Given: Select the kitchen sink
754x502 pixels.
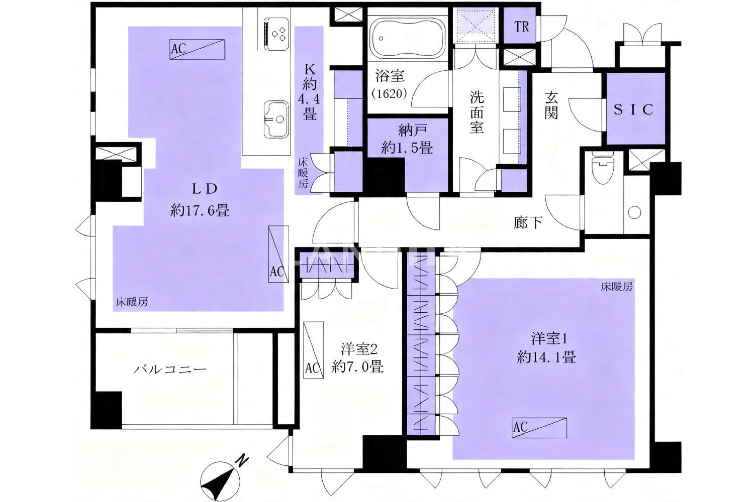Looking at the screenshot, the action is point(276,119).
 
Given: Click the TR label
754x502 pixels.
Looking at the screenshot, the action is point(521,27).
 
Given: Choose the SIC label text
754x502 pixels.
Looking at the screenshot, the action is point(634,109).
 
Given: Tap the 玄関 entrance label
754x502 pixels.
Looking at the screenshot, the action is point(551,106).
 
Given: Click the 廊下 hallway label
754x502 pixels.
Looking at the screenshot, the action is point(528,222).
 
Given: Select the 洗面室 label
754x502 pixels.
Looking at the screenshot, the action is point(477,112).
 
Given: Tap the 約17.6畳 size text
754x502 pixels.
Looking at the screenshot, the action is point(200,211).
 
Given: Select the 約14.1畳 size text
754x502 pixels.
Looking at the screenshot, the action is point(546,357).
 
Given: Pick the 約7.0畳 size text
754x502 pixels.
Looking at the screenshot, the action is point(358,366).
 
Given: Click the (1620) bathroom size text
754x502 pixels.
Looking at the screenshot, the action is point(390,93).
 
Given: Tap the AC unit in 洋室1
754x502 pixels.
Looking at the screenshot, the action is point(539,428).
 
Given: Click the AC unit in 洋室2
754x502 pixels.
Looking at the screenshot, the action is point(313,350).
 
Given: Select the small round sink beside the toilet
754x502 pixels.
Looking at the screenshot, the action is point(634,212).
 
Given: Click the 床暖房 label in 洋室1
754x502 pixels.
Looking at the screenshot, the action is point(617,287).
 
